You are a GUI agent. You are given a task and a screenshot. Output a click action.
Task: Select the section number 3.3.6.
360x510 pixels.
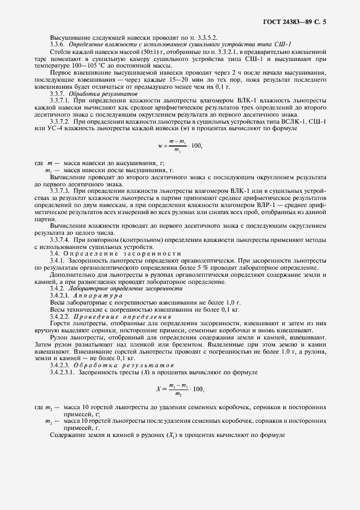point(59,44)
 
